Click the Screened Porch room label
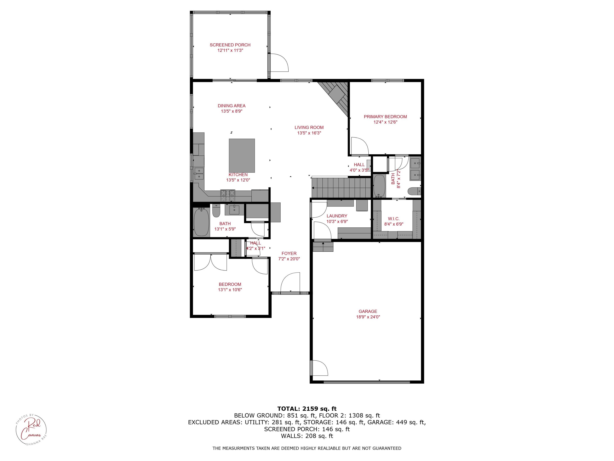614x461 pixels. pyautogui.click(x=230, y=45)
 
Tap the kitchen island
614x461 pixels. pyautogui.click(x=242, y=156)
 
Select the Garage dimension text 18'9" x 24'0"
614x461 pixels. pyautogui.click(x=368, y=317)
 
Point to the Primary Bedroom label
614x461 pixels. pyautogui.click(x=385, y=117)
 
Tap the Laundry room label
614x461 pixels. pyautogui.click(x=337, y=216)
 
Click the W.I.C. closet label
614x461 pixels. pyautogui.click(x=394, y=219)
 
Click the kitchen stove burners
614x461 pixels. pyautogui.click(x=228, y=195)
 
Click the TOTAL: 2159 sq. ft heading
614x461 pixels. pyautogui.click(x=307, y=409)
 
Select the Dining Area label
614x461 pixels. pyautogui.click(x=231, y=106)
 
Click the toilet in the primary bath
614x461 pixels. pyautogui.click(x=414, y=191)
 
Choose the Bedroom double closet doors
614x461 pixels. pyautogui.click(x=210, y=262)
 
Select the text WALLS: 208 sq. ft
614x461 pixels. pyautogui.click(x=307, y=436)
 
